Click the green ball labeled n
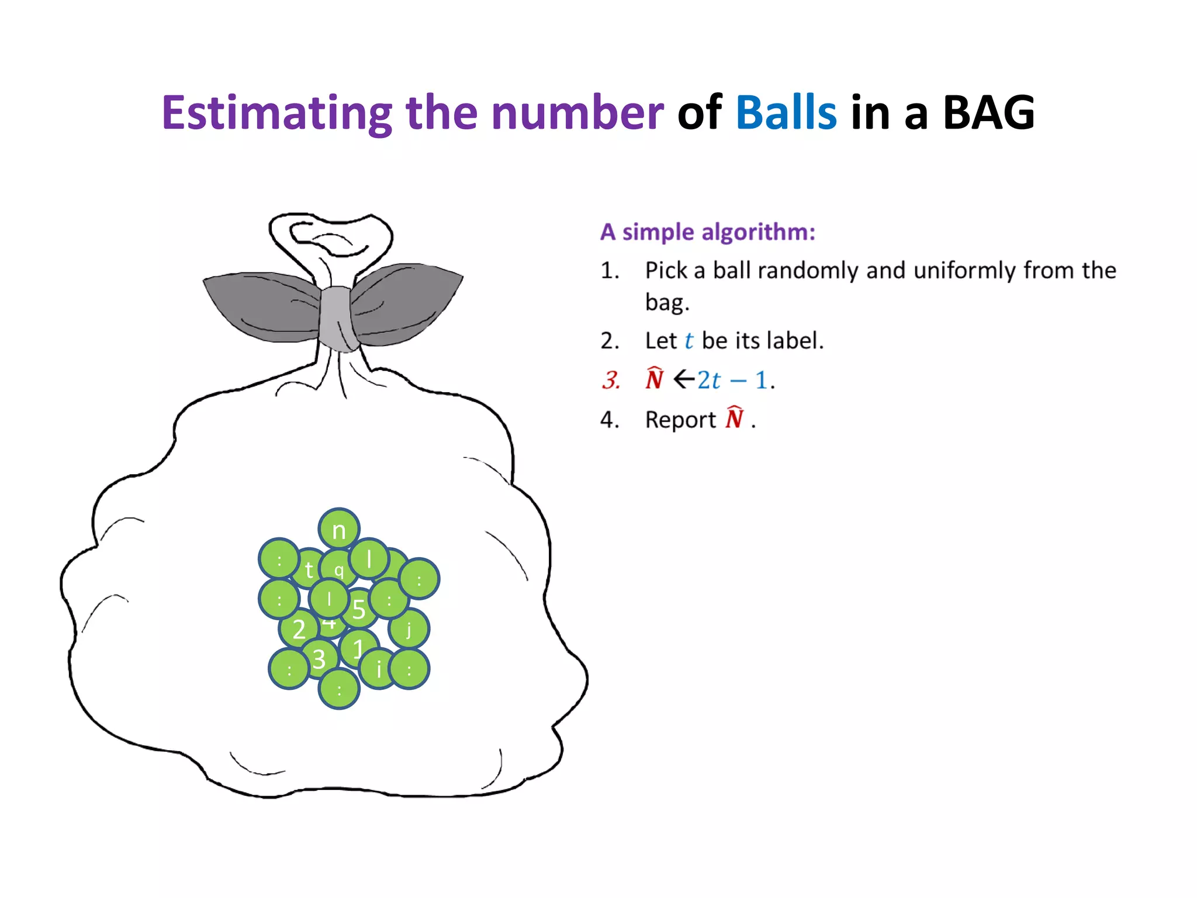pyautogui.click(x=339, y=529)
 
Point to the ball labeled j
pyautogui.click(x=409, y=629)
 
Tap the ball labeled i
pyautogui.click(x=379, y=669)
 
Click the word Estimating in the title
pyautogui.click(x=276, y=113)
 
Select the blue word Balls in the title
pyautogui.click(x=786, y=113)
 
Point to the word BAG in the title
pyautogui.click(x=988, y=113)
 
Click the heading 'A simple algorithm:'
pyautogui.click(x=707, y=232)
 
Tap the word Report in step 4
pyautogui.click(x=680, y=420)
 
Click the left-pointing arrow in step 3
pyautogui.click(x=684, y=380)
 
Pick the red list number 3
pyautogui.click(x=610, y=381)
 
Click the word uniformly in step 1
pyautogui.click(x=964, y=271)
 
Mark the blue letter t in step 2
pyautogui.click(x=689, y=341)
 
